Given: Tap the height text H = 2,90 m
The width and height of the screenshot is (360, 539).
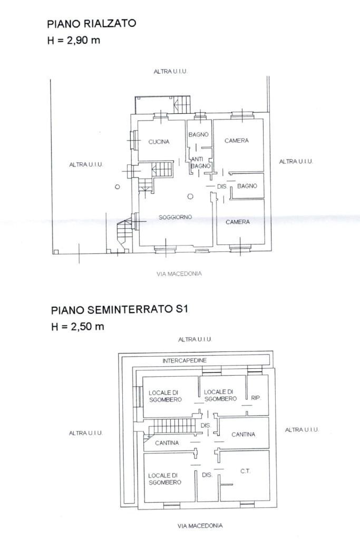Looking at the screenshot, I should click(x=73, y=40).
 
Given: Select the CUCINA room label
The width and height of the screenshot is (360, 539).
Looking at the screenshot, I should click(x=159, y=142).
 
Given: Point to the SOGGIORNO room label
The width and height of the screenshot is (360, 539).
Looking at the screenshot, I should click(x=175, y=217).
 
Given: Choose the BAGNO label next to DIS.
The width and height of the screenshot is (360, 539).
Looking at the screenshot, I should click(x=247, y=186).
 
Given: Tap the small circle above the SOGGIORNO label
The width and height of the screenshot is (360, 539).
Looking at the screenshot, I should click(x=190, y=197).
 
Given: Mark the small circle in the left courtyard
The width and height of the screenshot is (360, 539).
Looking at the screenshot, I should click(x=118, y=187).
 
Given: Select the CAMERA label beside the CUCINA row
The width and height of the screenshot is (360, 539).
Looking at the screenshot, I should click(x=237, y=141).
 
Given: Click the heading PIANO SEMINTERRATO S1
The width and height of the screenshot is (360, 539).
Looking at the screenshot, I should click(x=119, y=310).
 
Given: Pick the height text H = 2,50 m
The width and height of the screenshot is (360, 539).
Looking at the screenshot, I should click(x=77, y=327).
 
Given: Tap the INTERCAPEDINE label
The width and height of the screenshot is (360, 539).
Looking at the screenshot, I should click(x=184, y=360).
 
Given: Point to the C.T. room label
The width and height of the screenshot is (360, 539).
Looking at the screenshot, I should click(x=245, y=471).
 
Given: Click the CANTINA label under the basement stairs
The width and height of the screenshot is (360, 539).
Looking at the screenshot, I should click(x=167, y=443).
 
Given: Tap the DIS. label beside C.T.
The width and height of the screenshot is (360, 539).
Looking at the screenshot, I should click(x=207, y=475).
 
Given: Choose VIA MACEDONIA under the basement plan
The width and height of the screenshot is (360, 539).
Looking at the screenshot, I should click(x=200, y=525).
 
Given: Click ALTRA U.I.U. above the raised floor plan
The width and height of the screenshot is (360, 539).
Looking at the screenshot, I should click(x=171, y=71).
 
